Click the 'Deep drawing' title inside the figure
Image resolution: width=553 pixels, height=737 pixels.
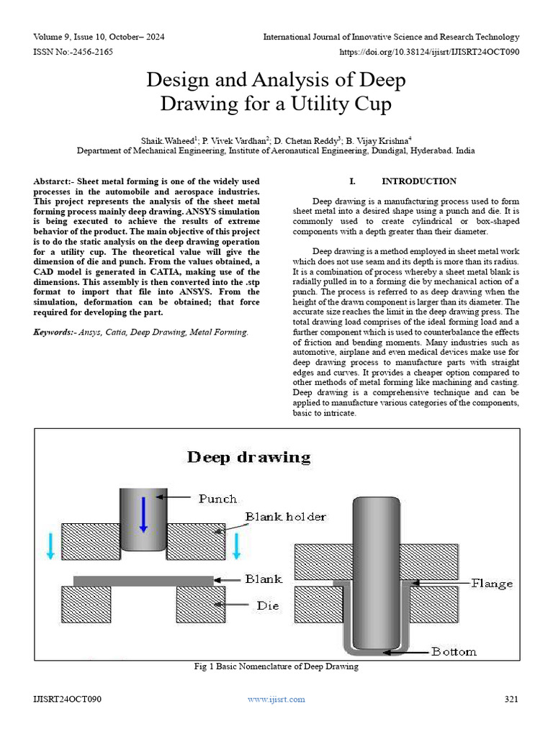pos(249,457)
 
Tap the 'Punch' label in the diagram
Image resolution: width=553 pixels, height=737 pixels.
pos(217,498)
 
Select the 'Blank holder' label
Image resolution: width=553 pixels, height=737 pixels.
pos(285,517)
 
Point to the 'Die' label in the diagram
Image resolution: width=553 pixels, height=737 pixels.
pos(268,606)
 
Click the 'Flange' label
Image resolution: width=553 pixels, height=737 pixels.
pos(492,583)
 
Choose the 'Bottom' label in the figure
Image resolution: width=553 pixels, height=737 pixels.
pos(454,652)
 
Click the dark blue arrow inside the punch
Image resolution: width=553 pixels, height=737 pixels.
pos(143,513)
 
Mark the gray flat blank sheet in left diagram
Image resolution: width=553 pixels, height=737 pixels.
pos(143,580)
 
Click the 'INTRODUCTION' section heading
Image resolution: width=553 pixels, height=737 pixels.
pos(418,181)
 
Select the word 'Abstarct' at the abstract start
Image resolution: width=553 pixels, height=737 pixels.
pos(54,181)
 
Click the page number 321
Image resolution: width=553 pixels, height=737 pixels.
pos(511,700)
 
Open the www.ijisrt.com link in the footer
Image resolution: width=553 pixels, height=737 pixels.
pos(276,700)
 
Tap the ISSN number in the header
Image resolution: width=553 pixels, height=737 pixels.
pos(73,52)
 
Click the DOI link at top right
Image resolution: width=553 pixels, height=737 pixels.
pos(429,52)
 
